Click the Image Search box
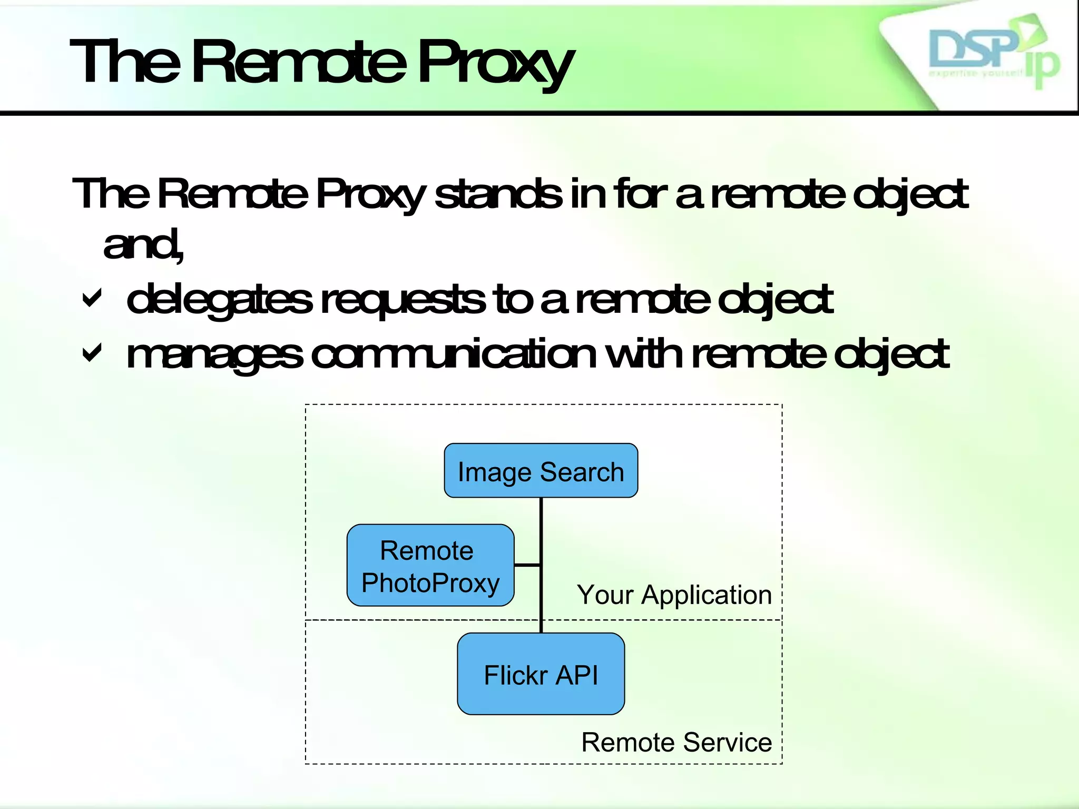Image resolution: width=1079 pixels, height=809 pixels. coord(541,471)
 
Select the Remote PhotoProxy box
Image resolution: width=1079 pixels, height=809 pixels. coord(430,566)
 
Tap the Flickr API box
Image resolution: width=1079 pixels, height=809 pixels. coord(541,674)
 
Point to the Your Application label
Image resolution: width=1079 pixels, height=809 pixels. coord(674,595)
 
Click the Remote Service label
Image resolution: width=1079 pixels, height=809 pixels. coord(676,743)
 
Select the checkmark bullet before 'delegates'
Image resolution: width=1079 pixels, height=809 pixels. coord(92,299)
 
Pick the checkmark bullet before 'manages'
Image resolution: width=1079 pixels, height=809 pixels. coord(92,353)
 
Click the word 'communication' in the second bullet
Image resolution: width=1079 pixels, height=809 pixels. coord(453,354)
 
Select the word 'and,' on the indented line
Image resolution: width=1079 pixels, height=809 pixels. coord(143,245)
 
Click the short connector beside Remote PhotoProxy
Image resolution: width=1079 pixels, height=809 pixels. coord(527,565)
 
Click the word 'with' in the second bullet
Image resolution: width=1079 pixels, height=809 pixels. coord(645,354)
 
